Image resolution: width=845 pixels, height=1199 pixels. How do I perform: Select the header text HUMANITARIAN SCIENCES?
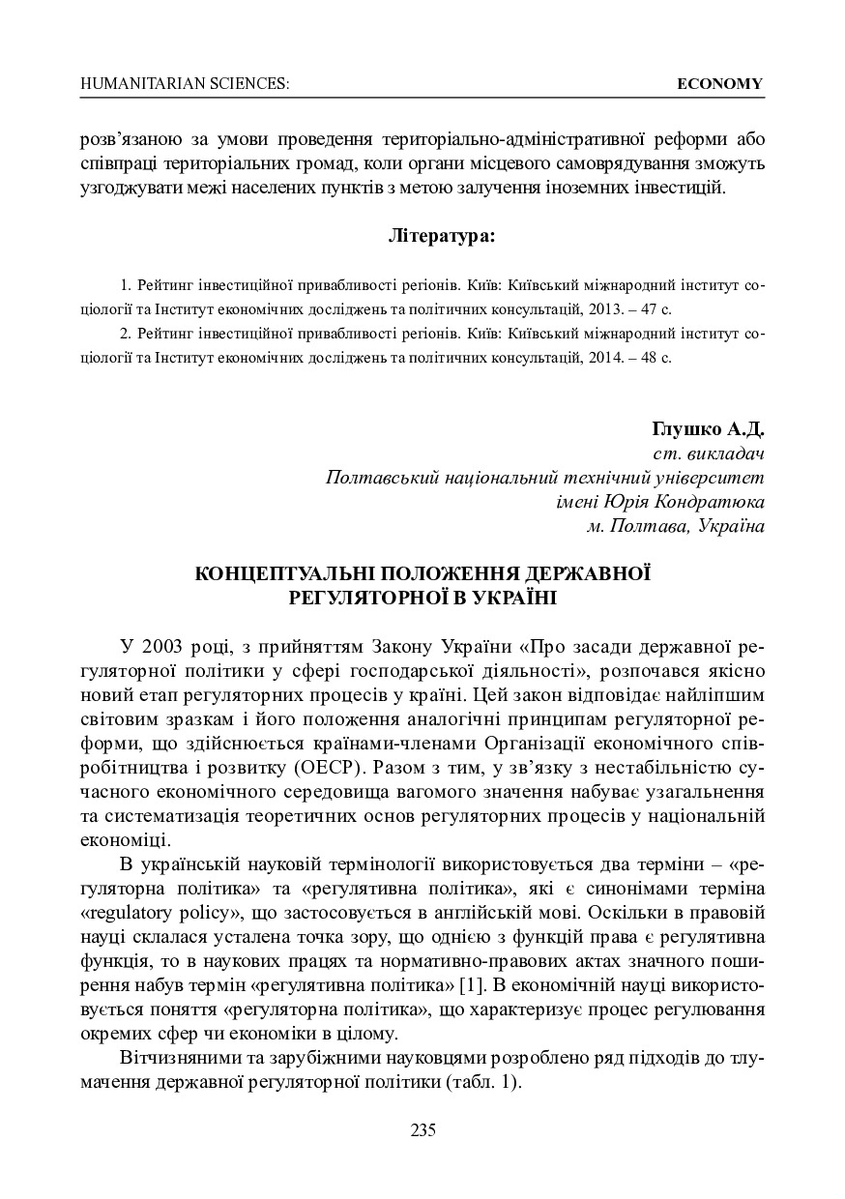(x=185, y=84)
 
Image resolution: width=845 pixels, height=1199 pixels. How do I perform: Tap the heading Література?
(x=441, y=235)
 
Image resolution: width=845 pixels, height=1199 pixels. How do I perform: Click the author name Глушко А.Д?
(x=709, y=427)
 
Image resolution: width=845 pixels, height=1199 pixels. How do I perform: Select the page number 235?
(x=422, y=1130)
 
